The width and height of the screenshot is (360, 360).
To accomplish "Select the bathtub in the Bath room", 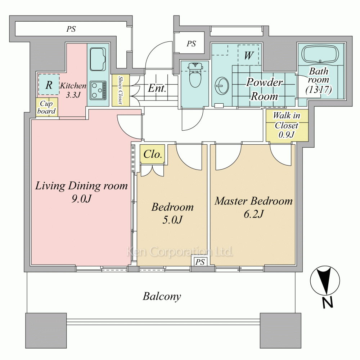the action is click(320, 55).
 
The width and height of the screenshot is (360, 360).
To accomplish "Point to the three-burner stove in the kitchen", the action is click(98, 90).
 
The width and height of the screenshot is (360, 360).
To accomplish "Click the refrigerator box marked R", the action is click(49, 85).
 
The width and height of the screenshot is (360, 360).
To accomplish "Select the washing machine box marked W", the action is click(249, 55).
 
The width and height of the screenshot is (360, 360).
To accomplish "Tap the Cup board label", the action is click(46, 107).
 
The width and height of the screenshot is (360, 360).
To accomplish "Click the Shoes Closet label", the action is click(121, 90).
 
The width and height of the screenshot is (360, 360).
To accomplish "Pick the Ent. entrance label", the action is click(157, 88).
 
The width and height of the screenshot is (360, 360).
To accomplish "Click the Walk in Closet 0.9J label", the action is click(287, 125).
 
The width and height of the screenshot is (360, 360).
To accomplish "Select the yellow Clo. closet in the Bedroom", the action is click(152, 154).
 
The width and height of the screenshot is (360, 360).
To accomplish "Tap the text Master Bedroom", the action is click(254, 201).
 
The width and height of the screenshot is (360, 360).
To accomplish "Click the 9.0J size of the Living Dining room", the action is click(81, 199).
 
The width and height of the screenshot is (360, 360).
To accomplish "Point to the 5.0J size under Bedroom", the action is click(172, 220).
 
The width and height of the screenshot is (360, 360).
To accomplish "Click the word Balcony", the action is click(162, 296).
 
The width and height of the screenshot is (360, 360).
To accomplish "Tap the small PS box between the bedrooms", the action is click(200, 262).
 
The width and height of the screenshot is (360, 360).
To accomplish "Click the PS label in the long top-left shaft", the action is click(71, 29).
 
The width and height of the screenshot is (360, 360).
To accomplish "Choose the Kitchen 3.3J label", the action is click(73, 90).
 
